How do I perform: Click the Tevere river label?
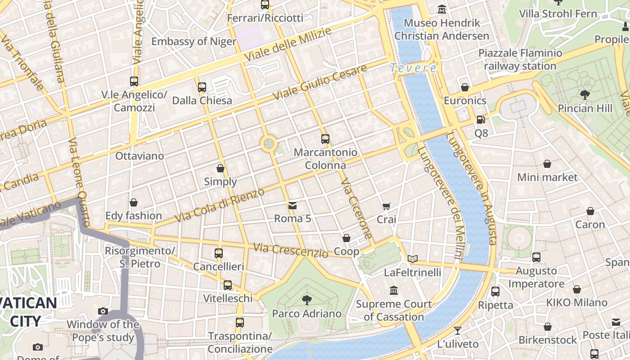[x=413, y=68]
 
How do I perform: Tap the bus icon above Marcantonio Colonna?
[x=325, y=139]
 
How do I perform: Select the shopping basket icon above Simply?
[x=220, y=168]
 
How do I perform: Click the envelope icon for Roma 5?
[x=292, y=206]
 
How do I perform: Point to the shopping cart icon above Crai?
[x=386, y=206]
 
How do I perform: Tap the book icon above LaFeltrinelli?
[x=413, y=259]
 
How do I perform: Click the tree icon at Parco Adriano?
[x=307, y=300]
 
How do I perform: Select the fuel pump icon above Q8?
[x=481, y=120]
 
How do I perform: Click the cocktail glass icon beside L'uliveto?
[x=458, y=331]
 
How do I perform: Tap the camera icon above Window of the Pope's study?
[x=103, y=311]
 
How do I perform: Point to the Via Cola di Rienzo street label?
[x=220, y=205]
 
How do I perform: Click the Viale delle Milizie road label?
[x=288, y=44]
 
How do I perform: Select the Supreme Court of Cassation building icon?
[x=394, y=291]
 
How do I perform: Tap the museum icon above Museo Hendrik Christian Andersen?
[x=442, y=9]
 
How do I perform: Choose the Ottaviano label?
[x=139, y=156]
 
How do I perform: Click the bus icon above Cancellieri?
[x=219, y=253]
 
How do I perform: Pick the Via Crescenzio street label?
[x=290, y=250]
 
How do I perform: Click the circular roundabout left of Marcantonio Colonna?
[x=269, y=144]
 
